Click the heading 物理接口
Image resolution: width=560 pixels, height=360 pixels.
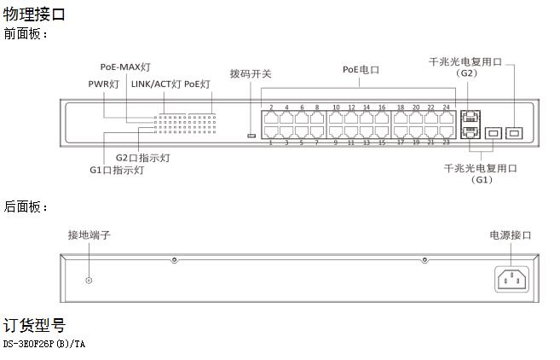coord(34,15)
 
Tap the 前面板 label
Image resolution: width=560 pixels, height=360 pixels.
coord(24,34)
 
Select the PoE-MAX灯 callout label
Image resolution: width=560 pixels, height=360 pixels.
coord(125,67)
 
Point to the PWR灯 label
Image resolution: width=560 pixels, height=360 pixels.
coord(104,84)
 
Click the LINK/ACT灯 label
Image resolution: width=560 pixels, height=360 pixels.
coord(157,84)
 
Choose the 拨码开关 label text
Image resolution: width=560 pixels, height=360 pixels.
coord(251,74)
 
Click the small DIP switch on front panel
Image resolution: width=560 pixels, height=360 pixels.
coord(251,136)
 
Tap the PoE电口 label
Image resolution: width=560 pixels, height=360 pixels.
coord(361,70)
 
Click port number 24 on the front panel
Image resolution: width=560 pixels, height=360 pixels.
coord(447,107)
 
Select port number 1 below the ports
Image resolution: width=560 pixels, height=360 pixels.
coord(271,143)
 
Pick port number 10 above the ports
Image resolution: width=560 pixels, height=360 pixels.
coord(336,107)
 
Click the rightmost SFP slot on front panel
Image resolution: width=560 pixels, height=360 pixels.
coord(514,133)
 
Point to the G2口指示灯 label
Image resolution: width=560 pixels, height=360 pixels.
coord(143,158)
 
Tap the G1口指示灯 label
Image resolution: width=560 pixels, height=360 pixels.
coord(117,170)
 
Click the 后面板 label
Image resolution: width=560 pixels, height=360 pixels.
coord(24,206)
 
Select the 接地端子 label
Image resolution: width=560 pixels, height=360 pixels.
coord(89,235)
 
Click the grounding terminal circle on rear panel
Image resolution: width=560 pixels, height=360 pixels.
coord(89,281)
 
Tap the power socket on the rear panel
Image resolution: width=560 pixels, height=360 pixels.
coord(511,279)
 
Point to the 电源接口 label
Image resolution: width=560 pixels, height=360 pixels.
coord(511,235)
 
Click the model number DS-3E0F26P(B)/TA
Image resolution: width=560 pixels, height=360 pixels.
coord(44,345)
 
